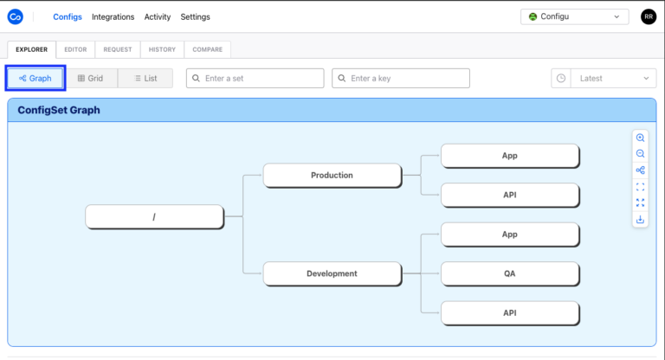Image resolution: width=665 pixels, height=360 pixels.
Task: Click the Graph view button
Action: point(36,78)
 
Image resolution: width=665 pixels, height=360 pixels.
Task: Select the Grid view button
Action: point(90,78)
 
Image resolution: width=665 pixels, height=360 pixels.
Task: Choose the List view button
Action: point(145,78)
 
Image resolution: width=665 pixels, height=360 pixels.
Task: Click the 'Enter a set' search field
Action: point(255,78)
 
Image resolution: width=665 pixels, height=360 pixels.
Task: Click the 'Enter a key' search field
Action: point(401,78)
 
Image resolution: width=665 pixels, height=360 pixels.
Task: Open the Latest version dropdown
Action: point(604,78)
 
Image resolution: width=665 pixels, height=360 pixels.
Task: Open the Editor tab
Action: point(75,49)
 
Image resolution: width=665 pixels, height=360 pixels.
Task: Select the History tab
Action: point(162,49)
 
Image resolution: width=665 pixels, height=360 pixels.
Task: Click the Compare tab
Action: point(207,49)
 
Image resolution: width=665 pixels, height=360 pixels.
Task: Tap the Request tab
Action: point(117,49)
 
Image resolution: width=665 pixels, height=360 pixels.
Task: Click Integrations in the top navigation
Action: point(113,16)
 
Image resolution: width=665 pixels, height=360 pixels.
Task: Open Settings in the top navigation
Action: point(195,16)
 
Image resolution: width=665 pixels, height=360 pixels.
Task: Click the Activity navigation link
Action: point(158,16)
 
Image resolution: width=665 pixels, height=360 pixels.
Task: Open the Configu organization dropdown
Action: point(574,16)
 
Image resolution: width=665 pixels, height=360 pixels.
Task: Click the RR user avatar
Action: point(648,16)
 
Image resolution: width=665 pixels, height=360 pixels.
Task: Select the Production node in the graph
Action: point(332,175)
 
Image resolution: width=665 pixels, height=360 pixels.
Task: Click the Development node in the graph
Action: point(332,273)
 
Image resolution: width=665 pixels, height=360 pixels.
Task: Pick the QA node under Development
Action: point(509,273)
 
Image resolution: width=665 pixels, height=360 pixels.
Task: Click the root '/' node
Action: point(154,216)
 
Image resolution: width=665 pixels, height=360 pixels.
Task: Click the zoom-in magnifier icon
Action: point(640,138)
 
